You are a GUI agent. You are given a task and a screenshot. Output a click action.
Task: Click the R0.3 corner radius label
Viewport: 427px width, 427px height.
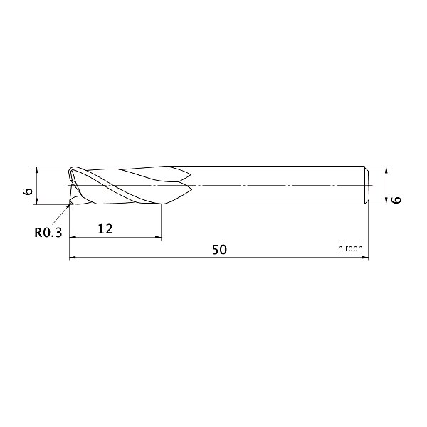48,232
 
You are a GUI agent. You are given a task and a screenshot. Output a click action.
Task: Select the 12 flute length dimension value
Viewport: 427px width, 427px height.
105,229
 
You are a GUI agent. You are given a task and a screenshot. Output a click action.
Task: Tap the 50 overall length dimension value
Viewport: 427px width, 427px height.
219,250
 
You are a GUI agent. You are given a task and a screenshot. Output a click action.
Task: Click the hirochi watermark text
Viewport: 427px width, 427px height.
352,248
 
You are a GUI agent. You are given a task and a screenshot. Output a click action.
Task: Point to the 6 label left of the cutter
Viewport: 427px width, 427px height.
28,191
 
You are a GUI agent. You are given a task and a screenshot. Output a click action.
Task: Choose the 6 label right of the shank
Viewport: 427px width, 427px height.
396,199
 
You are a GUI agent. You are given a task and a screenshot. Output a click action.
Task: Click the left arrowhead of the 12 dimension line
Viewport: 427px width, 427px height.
73,238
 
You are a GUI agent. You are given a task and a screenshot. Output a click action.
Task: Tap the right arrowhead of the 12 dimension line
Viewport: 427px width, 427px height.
158,238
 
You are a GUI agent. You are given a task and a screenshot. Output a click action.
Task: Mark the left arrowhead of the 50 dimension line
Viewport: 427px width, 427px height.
73,257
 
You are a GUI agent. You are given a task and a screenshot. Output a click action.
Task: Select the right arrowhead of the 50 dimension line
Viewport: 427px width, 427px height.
365,257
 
